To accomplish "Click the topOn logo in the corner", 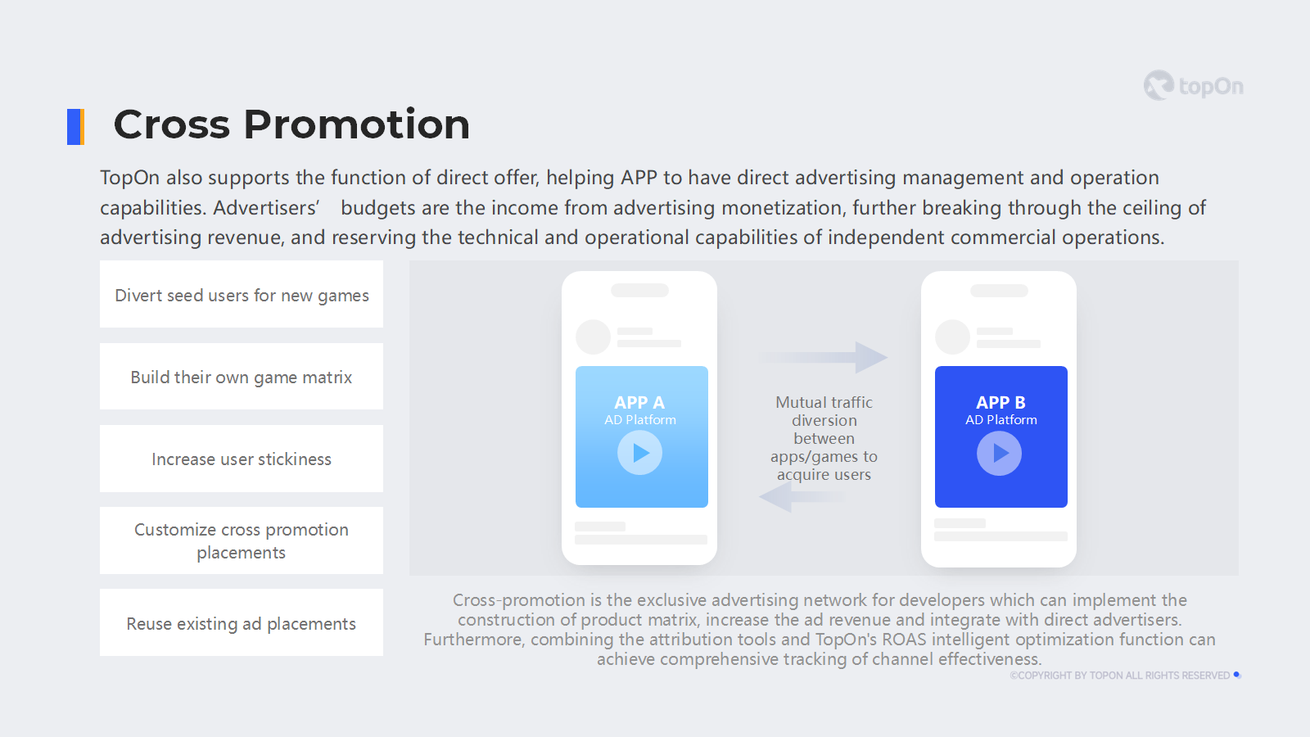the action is (x=1193, y=85).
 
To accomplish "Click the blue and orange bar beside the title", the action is (x=75, y=126).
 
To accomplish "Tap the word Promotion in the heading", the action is (x=356, y=124).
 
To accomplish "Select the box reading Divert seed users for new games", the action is (x=242, y=294).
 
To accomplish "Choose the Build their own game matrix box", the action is (x=242, y=376).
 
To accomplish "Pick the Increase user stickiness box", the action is (x=242, y=459).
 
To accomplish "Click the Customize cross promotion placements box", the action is (x=242, y=540).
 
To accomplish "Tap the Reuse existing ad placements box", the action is (x=242, y=622).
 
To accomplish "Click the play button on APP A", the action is (x=639, y=453).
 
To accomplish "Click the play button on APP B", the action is (x=1000, y=453).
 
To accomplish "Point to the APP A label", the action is (x=639, y=402).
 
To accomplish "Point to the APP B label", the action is (x=1001, y=402).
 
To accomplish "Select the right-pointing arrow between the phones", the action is (x=824, y=357).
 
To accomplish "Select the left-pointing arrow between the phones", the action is (x=802, y=496).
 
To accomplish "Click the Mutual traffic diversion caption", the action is (x=824, y=438).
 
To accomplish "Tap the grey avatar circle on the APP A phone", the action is (x=593, y=337).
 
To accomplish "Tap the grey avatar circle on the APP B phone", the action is (x=953, y=337).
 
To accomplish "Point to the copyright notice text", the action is (x=1120, y=676).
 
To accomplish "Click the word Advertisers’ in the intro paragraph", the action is (x=267, y=208).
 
